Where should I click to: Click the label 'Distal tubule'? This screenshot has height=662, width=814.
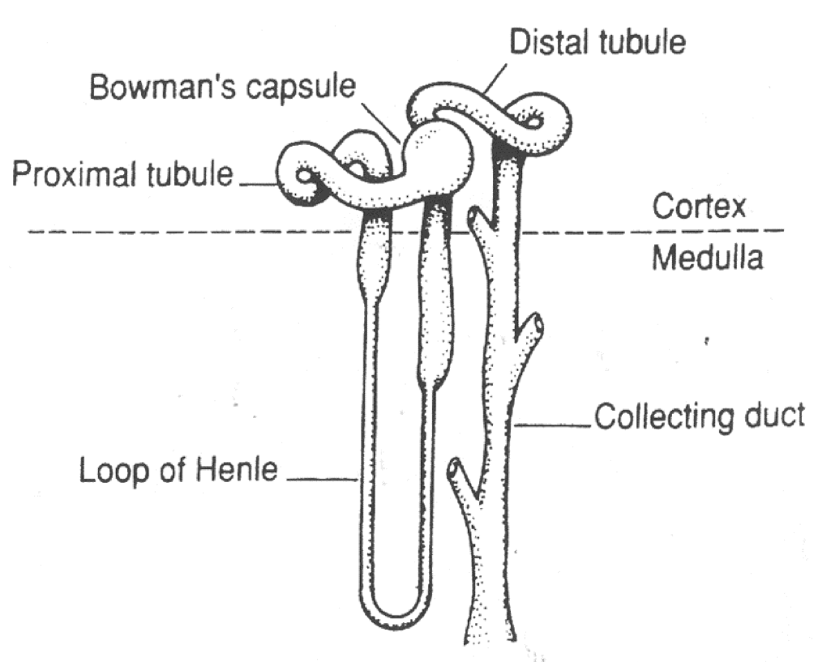coord(597,42)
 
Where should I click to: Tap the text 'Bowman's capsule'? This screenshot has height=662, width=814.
coord(221,86)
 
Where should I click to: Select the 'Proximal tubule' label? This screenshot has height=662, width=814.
coord(122,173)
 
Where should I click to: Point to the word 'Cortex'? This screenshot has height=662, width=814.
coord(699,208)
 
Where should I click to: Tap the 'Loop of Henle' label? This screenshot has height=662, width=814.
coord(178,470)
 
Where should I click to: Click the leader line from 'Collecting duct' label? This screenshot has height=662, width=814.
coord(555,422)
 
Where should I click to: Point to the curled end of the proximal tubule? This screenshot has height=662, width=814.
coord(305,174)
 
